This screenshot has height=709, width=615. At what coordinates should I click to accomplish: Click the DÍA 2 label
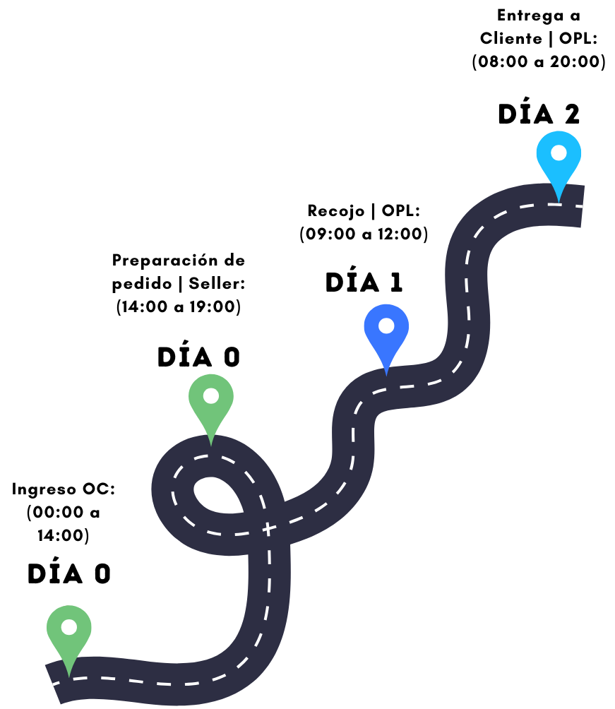[x=539, y=114]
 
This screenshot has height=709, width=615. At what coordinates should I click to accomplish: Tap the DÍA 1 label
[x=364, y=282]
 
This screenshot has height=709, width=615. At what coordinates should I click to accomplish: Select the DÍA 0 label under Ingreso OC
[x=69, y=574]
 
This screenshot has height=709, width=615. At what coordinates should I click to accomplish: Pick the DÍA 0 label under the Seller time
[x=198, y=357]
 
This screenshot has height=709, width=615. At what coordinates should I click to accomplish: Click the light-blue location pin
[x=559, y=159]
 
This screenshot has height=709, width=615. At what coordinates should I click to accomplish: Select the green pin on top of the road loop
[x=210, y=403]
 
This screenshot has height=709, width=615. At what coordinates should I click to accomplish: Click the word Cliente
[x=509, y=38]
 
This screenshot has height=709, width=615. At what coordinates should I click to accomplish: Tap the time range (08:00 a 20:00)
[x=539, y=61]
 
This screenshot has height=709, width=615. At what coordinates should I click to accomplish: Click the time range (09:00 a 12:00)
[x=364, y=234]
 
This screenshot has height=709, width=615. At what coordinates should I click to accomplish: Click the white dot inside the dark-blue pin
[x=386, y=326]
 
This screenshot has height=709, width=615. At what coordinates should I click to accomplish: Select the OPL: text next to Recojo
[x=401, y=210]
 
